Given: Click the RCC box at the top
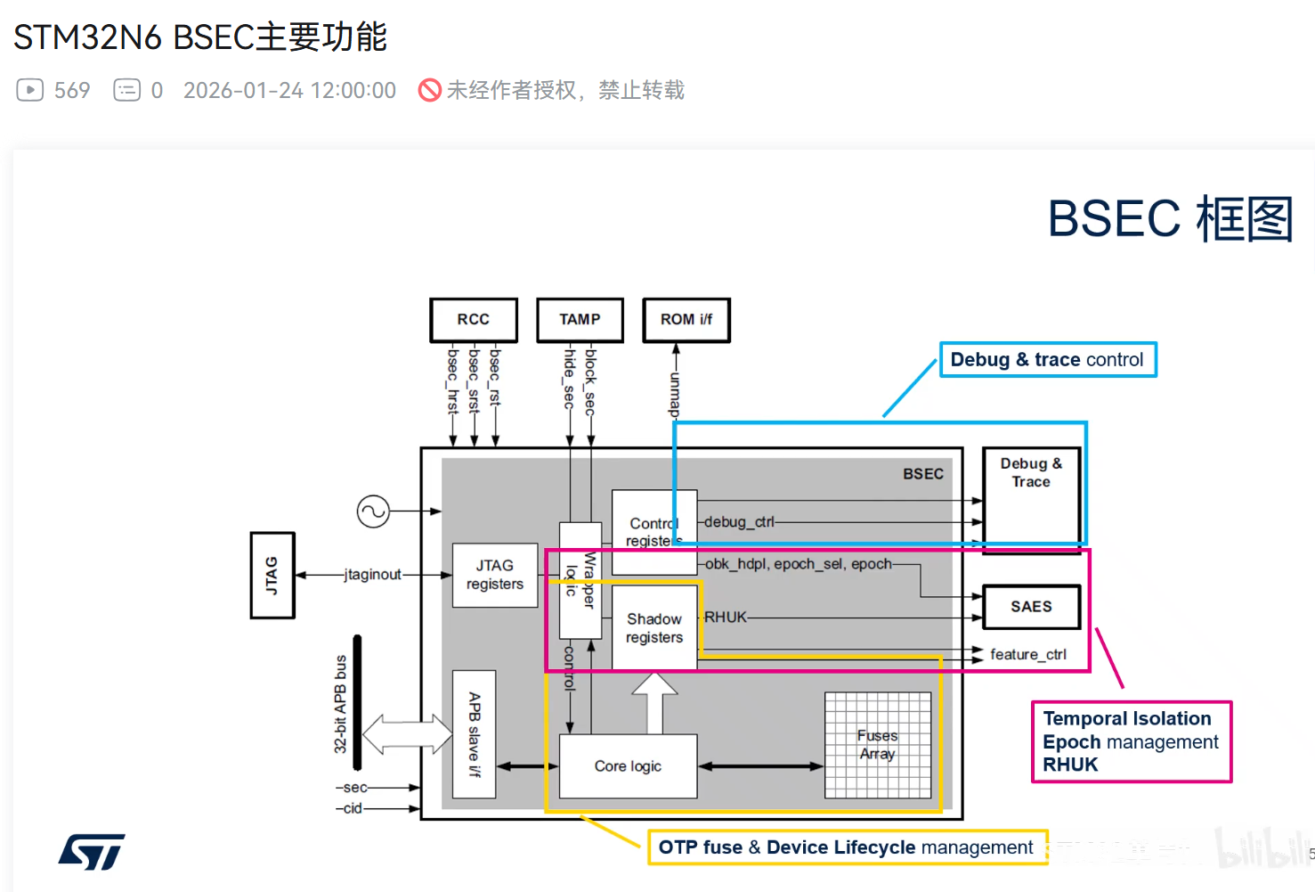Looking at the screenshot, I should [x=473, y=320].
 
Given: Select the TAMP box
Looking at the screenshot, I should [x=580, y=320].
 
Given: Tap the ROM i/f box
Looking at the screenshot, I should [x=686, y=320].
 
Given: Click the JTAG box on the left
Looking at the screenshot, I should [x=272, y=575].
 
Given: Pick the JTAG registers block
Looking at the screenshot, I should [x=495, y=575].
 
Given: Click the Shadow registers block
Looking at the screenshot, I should [x=654, y=628].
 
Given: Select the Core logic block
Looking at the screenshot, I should [x=628, y=766].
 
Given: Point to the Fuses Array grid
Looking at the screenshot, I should [x=878, y=745].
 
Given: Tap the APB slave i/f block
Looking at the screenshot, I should [x=475, y=734].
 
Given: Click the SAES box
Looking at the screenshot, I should [x=1031, y=607].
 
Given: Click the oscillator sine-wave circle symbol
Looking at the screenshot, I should [x=373, y=511].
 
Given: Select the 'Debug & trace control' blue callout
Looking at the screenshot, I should [x=1048, y=360].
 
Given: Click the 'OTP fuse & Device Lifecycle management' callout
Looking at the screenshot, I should [x=846, y=847].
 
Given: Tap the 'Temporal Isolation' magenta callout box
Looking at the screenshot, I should [x=1131, y=742].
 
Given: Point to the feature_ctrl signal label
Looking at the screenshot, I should [x=1028, y=655].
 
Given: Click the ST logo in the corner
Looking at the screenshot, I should [x=92, y=852].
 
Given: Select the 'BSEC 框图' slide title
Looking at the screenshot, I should [x=1170, y=219].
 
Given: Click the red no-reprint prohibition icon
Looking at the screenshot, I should [x=430, y=90].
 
